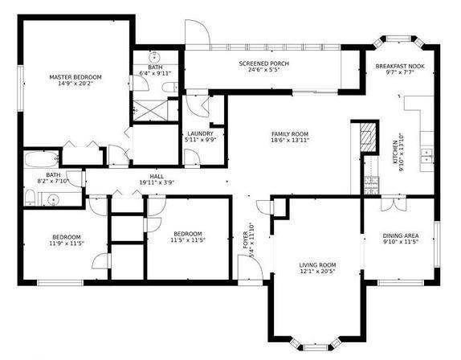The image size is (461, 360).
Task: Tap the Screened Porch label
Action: tap(263, 63)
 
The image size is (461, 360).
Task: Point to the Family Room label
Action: tap(289, 134)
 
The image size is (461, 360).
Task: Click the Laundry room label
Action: tap(199, 133)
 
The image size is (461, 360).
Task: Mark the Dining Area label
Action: tap(399, 235)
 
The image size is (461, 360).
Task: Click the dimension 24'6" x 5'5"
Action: tap(263, 70)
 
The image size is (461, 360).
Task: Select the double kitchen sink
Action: tap(427, 154)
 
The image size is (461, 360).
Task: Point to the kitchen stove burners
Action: tap(370, 186)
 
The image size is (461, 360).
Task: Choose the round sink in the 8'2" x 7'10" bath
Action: tap(52, 197)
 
